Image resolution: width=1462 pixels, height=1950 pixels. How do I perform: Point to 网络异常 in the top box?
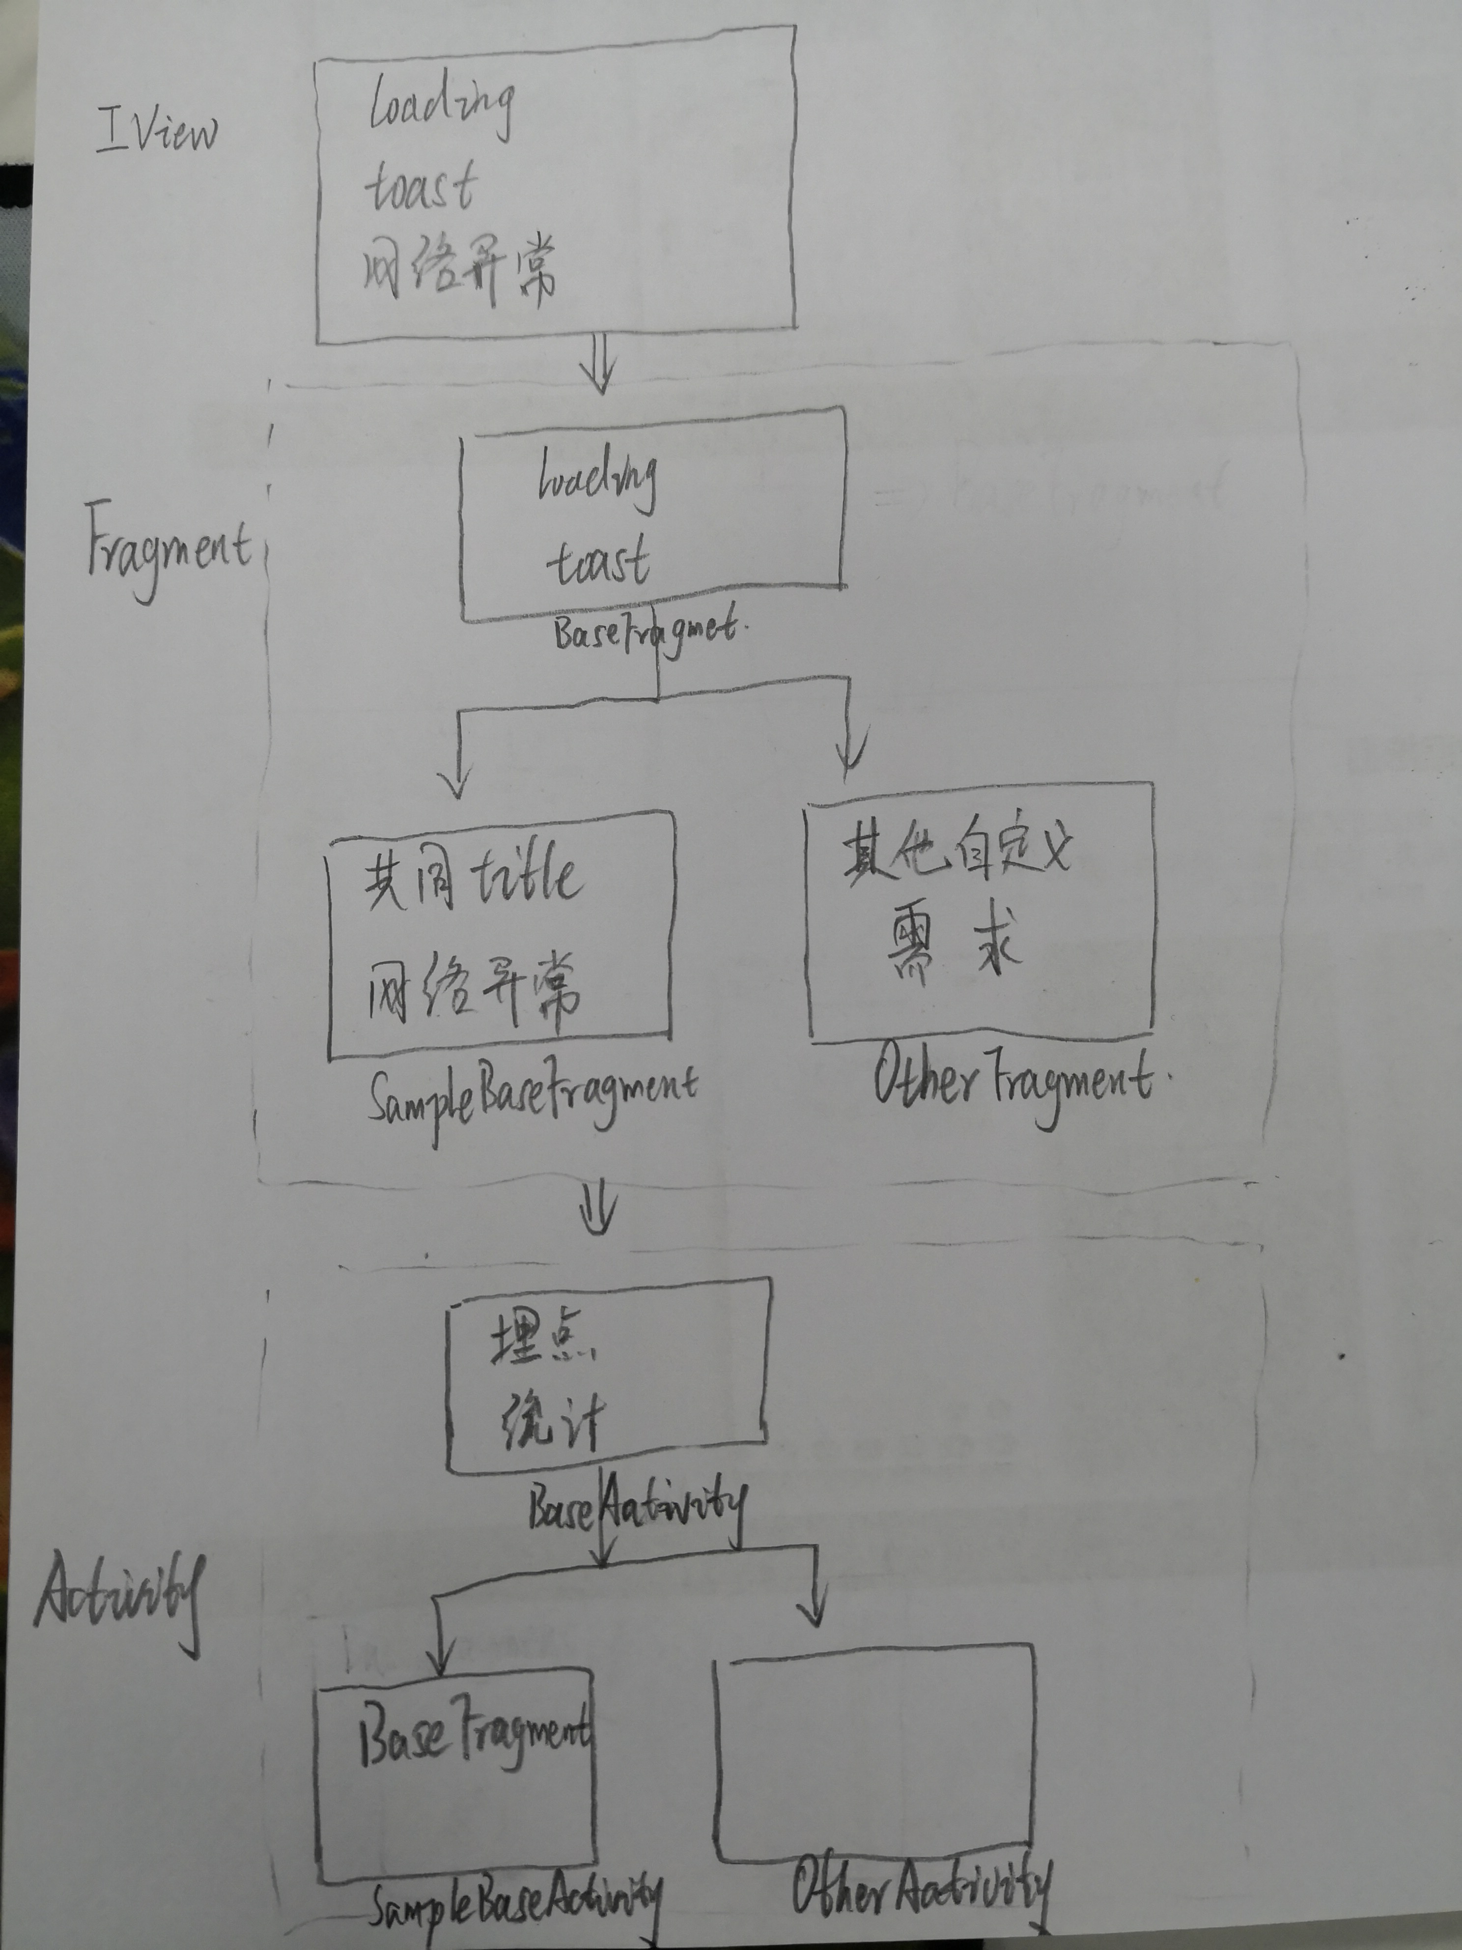coord(458,269)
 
